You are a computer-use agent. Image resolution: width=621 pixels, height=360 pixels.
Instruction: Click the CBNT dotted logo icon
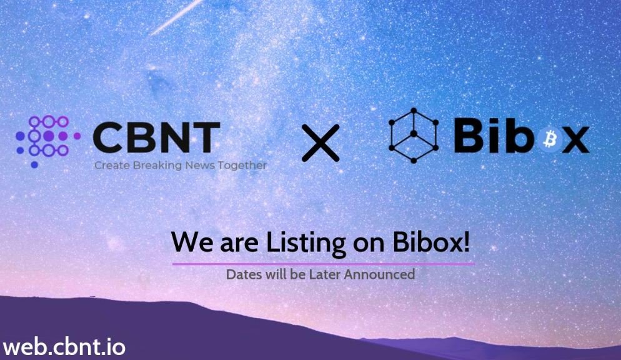click(x=48, y=141)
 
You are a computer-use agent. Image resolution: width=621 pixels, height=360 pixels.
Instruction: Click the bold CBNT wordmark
click(x=156, y=137)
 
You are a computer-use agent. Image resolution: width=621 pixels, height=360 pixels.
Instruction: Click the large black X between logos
click(x=320, y=142)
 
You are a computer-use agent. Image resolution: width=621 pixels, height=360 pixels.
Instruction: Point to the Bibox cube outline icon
click(x=414, y=136)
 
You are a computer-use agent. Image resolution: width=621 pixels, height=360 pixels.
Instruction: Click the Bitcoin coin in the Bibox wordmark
click(x=550, y=139)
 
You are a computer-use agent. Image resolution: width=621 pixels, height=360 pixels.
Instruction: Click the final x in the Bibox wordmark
click(x=576, y=140)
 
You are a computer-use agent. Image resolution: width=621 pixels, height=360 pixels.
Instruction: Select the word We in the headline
click(x=192, y=242)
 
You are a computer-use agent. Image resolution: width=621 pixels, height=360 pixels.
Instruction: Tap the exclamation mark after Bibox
click(x=466, y=241)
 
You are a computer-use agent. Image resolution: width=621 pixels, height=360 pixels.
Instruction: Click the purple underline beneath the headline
click(x=324, y=264)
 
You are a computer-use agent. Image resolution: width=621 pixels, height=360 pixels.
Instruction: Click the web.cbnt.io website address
click(x=64, y=347)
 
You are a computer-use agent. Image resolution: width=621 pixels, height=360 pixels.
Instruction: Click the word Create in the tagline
click(x=112, y=165)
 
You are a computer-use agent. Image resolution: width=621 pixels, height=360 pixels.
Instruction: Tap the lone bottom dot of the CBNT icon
click(x=34, y=165)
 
